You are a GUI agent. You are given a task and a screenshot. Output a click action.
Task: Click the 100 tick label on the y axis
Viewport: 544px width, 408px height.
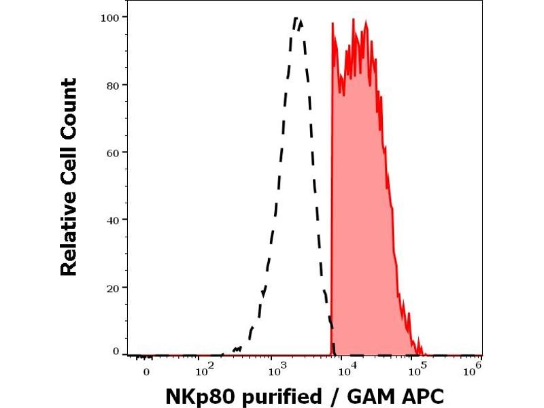112,16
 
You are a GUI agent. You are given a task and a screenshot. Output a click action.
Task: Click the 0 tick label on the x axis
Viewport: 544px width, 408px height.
146,372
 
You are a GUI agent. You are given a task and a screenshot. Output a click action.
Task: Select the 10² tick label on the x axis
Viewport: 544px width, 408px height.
205,371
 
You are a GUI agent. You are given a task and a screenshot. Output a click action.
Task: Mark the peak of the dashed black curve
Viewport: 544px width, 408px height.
297,18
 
